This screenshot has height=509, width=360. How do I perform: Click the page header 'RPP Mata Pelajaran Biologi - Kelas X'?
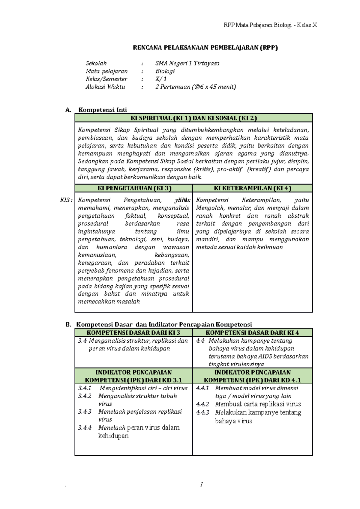(x=270, y=25)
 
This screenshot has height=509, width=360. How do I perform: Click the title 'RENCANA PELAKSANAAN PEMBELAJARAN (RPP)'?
(x=205, y=47)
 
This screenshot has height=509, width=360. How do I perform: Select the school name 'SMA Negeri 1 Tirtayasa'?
(x=187, y=63)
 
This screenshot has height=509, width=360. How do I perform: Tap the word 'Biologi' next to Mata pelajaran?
(x=165, y=71)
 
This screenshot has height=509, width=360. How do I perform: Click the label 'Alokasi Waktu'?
(x=105, y=87)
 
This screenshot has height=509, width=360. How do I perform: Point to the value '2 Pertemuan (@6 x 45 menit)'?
(x=196, y=87)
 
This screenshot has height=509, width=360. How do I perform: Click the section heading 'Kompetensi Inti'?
(x=103, y=110)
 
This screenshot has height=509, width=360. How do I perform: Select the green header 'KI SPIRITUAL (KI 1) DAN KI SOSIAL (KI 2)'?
(x=193, y=118)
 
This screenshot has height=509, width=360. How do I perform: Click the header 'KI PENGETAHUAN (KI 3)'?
(x=134, y=188)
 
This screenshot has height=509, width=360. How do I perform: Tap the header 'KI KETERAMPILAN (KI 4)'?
(x=253, y=188)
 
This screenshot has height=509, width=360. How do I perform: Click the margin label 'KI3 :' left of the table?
(x=66, y=200)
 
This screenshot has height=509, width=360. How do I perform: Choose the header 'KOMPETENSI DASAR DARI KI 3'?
(x=133, y=333)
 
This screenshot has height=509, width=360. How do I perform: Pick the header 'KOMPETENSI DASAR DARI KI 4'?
(x=252, y=333)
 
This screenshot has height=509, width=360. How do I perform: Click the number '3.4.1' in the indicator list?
(x=85, y=388)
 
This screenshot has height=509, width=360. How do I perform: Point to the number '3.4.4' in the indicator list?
(x=85, y=428)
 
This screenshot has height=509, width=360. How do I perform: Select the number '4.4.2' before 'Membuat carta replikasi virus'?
(x=202, y=404)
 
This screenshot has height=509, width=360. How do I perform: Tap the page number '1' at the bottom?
(x=201, y=484)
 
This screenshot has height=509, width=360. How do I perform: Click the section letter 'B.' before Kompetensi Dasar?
(x=68, y=325)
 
